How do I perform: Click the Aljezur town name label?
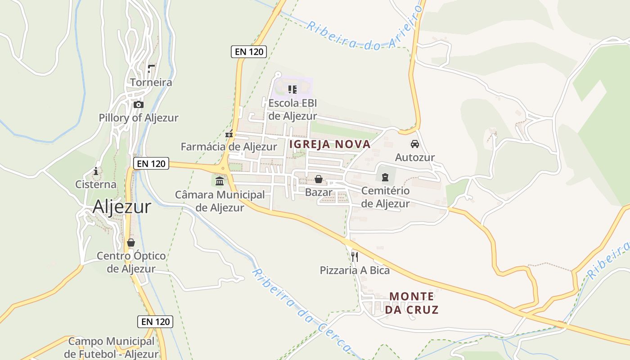tap(122, 207)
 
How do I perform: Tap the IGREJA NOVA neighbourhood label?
tap(330, 144)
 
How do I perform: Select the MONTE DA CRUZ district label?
tap(412, 303)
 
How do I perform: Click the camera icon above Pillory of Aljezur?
tap(139, 105)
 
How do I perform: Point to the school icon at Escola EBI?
tap(292, 90)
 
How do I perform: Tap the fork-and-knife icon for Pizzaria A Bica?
tap(355, 257)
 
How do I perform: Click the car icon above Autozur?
tap(414, 144)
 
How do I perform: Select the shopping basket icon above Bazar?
tap(319, 179)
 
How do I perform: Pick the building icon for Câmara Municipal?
tap(220, 181)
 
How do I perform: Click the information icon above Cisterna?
tap(95, 171)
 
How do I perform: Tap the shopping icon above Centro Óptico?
tap(131, 243)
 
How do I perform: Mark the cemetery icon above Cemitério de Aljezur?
tap(385, 177)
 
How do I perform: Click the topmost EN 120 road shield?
tap(249, 51)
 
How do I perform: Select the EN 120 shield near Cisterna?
tap(151, 163)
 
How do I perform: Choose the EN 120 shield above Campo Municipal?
tap(155, 321)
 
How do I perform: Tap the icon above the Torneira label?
tap(151, 69)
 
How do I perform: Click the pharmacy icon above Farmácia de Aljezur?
tap(229, 134)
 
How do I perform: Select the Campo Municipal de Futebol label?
tap(111, 347)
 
